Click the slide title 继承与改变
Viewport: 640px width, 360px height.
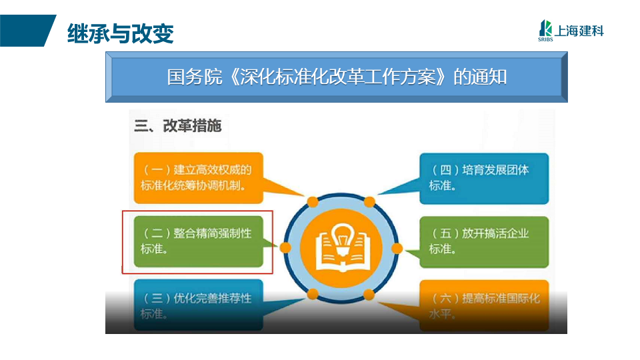[x=121, y=33]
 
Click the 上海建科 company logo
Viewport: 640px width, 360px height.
[x=571, y=31]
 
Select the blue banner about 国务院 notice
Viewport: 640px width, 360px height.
[x=336, y=77]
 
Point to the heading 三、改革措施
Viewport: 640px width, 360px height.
[x=177, y=126]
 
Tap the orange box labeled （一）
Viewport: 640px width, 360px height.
[x=199, y=178]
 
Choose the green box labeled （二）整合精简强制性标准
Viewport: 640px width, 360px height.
[x=199, y=241]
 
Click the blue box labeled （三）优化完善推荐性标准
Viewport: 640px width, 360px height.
[x=199, y=305]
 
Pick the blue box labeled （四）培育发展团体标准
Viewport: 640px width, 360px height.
[x=484, y=179]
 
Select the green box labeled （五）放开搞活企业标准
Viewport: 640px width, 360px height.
[x=484, y=242]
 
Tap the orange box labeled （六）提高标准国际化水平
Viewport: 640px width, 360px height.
[x=484, y=305]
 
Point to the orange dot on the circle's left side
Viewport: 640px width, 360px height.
[x=286, y=248]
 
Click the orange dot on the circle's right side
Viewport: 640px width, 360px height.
[x=397, y=248]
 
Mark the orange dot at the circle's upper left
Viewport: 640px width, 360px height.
[x=313, y=201]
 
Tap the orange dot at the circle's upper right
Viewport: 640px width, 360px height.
[x=369, y=201]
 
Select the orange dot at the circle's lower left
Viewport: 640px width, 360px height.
[x=313, y=294]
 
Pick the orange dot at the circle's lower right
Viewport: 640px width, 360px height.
[x=369, y=295]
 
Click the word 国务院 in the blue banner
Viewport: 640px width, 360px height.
[x=194, y=77]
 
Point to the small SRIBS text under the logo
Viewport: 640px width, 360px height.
[x=545, y=39]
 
